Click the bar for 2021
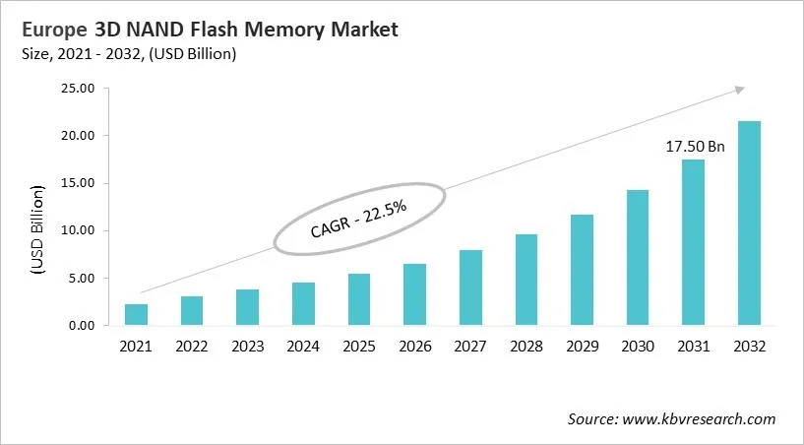tap(136, 315)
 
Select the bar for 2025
tap(359, 299)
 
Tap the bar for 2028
tap(526, 280)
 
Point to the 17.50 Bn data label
tap(694, 147)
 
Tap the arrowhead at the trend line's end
tap(738, 90)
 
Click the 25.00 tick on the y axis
tap(76, 89)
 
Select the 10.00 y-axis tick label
tap(76, 231)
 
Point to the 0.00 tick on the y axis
tap(79, 326)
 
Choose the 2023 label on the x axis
tap(248, 348)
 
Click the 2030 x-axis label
tap(638, 348)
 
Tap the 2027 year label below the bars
tap(470, 348)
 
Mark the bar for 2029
tap(582, 270)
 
